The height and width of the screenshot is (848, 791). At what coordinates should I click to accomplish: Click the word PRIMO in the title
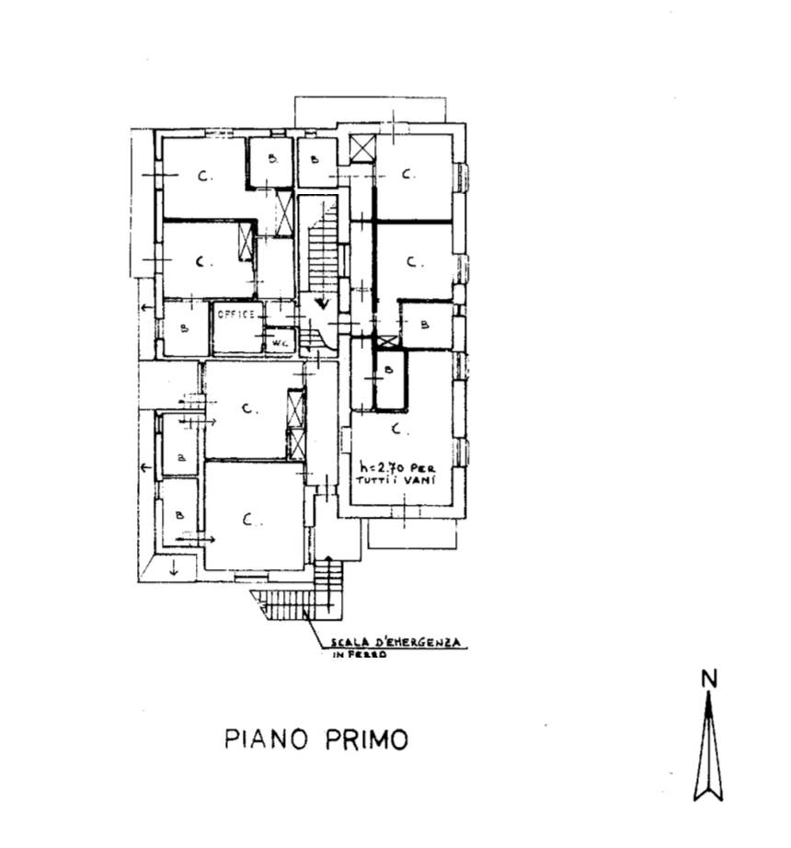pos(365,739)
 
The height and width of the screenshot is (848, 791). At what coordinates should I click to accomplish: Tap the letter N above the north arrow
pos(708,680)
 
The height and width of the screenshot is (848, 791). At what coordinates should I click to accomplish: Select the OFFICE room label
pos(236,315)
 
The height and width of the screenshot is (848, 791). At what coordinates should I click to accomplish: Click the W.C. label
pos(277,344)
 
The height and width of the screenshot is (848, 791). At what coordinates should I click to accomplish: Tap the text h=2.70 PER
pos(396,467)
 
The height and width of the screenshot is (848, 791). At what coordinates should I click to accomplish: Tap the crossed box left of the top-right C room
pos(364,148)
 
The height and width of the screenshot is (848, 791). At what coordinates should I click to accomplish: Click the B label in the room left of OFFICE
pos(184,327)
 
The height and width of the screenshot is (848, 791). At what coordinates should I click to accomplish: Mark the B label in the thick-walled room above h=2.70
pos(389,371)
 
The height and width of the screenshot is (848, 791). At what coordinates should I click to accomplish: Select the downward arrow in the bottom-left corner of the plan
pos(173,567)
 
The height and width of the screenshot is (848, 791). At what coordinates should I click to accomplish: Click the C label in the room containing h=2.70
pos(396,429)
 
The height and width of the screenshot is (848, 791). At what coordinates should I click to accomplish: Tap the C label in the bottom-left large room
pos(249,519)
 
